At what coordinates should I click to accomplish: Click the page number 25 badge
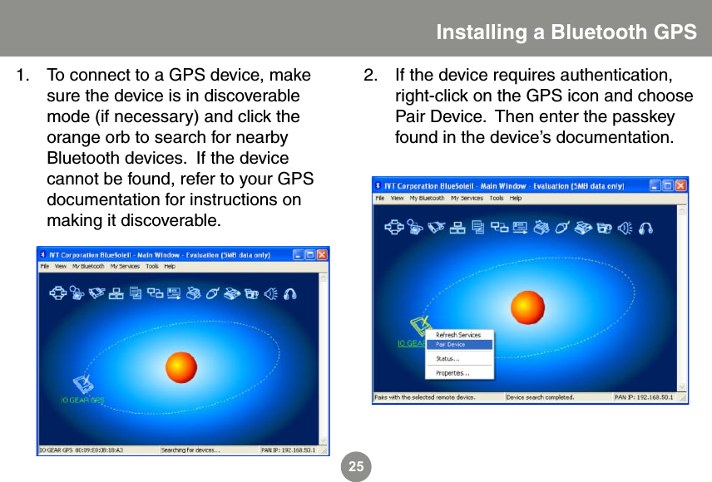356,467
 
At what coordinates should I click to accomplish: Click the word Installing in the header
480,32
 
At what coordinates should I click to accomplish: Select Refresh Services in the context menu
458,334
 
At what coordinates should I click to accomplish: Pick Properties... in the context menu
452,373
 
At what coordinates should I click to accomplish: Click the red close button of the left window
323,255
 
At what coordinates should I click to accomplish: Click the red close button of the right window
681,186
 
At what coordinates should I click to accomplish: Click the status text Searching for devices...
190,450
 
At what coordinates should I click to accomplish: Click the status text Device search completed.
540,397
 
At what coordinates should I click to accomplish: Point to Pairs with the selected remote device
425,397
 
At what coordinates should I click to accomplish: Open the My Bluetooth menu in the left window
88,267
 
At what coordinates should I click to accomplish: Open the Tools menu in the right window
496,199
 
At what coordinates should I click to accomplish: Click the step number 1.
23,76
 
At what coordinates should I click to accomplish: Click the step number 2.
370,76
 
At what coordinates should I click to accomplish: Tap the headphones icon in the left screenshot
289,293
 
